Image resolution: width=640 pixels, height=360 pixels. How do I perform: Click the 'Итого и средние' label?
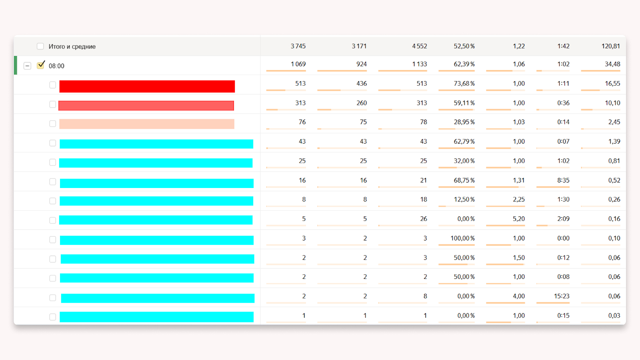pos(72,46)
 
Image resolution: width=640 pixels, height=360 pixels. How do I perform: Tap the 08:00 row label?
pos(56,66)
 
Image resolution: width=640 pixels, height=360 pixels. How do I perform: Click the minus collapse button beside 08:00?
pos(27,66)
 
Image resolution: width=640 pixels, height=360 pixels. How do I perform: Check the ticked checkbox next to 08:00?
pos(40,65)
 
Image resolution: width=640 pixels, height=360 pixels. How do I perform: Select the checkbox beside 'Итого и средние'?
pos(40,46)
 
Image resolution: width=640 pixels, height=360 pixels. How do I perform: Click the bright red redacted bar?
pos(147,86)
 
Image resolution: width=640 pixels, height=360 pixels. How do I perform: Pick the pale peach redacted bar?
pos(147,124)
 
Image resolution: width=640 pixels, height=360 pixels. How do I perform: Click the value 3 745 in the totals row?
pos(298,46)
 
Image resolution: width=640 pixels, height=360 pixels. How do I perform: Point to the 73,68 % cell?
pos(464,84)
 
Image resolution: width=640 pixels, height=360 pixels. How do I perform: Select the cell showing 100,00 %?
pos(462,238)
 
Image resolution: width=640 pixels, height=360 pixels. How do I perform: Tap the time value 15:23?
pos(562,296)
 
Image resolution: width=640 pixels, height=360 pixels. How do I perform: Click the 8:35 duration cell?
pos(563,180)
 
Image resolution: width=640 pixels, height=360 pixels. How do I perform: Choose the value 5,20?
pos(519,219)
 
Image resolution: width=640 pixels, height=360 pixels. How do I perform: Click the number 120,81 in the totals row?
pos(610,46)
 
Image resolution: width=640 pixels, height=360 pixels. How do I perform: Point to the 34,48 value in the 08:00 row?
pos(612,64)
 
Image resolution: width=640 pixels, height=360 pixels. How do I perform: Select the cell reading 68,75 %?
pos(464,180)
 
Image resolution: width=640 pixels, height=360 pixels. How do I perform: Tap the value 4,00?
pos(519,296)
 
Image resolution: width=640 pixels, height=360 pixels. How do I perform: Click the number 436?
pos(362,84)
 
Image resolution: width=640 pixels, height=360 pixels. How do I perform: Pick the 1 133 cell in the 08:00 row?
pos(419,64)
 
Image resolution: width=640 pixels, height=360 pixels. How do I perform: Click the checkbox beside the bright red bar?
pos(52,85)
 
